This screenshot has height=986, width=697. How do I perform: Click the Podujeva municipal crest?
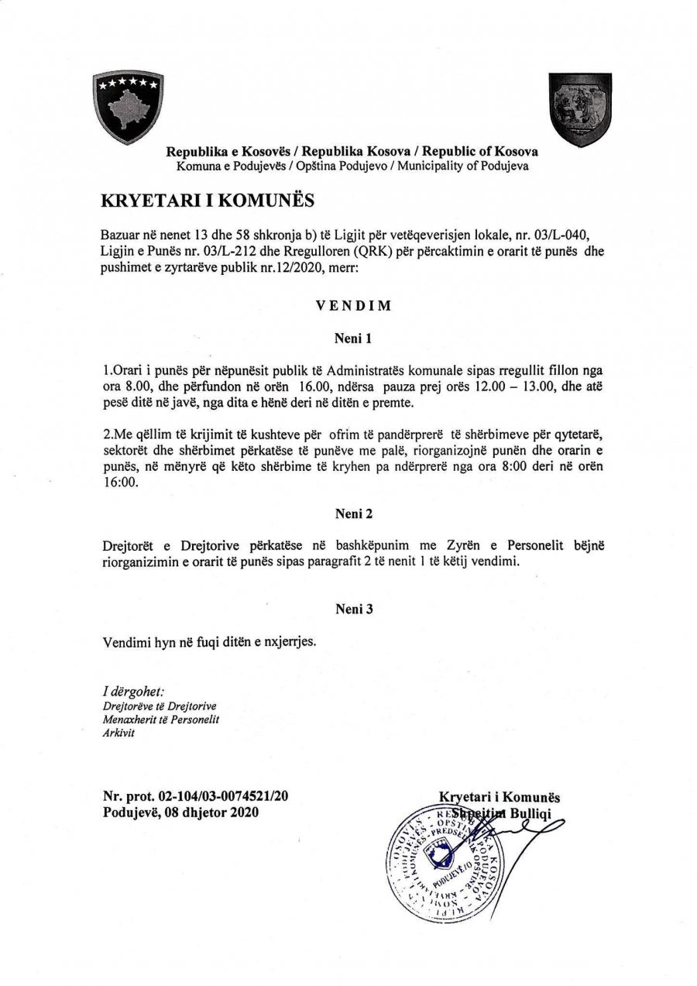580,108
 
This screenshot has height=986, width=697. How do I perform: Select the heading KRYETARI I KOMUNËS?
208,200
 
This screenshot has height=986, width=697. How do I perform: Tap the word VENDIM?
353,306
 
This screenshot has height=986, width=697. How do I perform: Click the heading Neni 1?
354,338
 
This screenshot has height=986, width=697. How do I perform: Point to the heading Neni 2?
354,513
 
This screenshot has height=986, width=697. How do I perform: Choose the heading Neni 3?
354,610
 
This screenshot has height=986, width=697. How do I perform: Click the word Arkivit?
118,733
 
